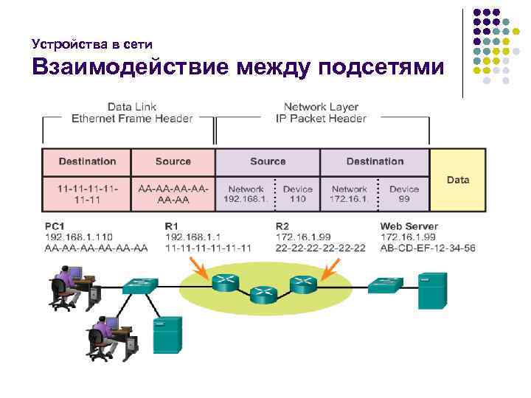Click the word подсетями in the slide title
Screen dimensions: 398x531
pos(381,69)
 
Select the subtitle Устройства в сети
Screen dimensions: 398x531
pos(93,43)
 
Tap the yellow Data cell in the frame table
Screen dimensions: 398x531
pos(457,180)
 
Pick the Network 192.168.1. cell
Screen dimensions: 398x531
pos(245,194)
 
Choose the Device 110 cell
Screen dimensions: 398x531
pos(297,194)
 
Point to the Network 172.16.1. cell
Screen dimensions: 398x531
pos(349,194)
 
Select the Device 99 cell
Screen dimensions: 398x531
pos(403,194)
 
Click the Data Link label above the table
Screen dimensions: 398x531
pos(132,106)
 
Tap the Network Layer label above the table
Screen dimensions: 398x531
pos(320,106)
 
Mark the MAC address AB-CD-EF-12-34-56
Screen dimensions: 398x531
pos(428,248)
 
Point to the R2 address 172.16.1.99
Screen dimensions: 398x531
pos(304,237)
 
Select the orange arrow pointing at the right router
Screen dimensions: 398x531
pos(329,276)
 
